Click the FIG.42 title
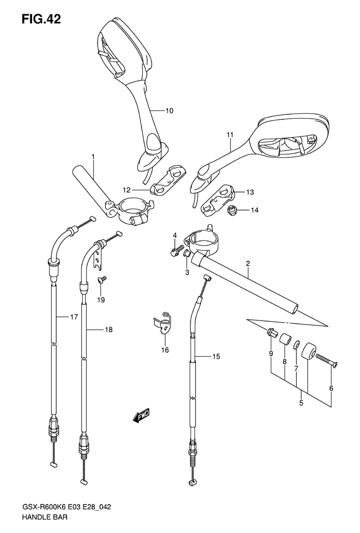click(x=41, y=19)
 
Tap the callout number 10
click(x=169, y=110)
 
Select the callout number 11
click(x=230, y=135)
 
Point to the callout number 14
click(x=254, y=210)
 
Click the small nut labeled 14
click(x=232, y=211)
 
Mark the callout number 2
click(x=248, y=263)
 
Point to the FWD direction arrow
click(x=141, y=416)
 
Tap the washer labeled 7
click(x=297, y=346)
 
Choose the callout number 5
click(x=301, y=403)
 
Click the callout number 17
click(x=74, y=317)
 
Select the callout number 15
click(x=216, y=356)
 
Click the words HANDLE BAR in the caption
click(x=45, y=518)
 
